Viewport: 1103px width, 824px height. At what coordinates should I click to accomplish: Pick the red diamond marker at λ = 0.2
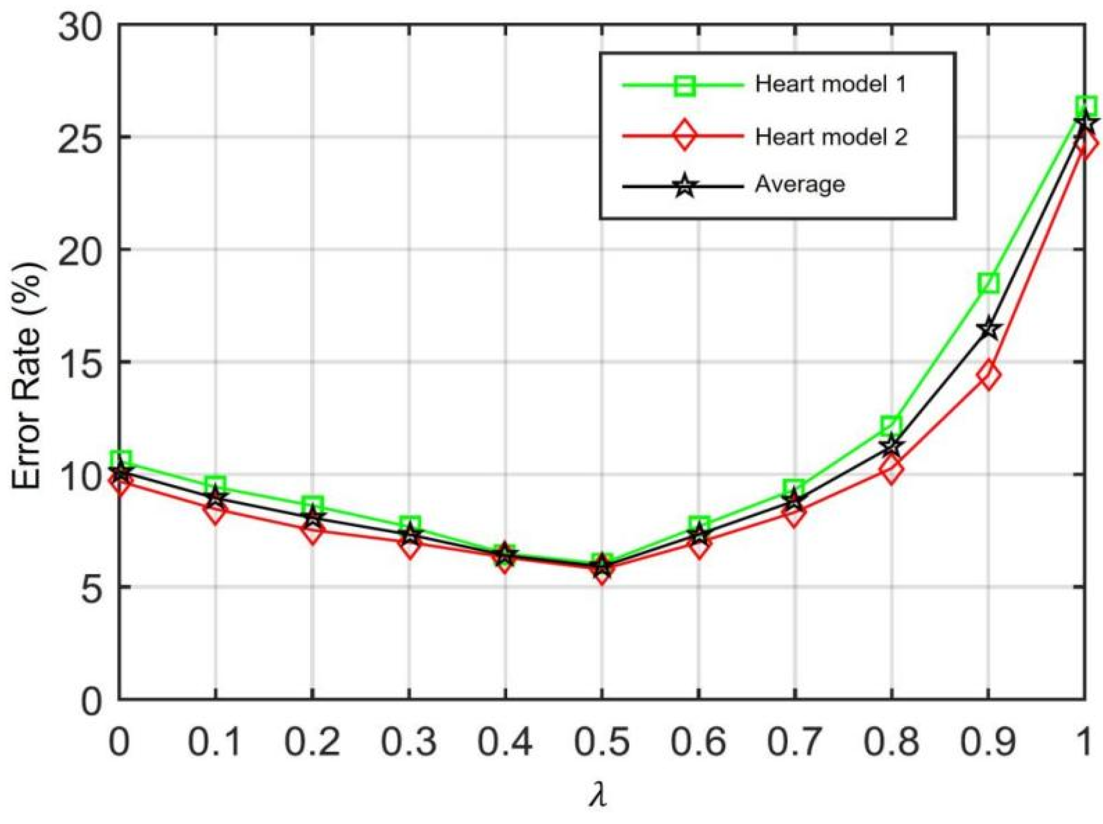click(x=312, y=533)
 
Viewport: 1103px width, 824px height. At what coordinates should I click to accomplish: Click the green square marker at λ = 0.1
click(x=216, y=485)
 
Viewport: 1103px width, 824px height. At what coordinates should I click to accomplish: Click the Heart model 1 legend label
click(x=830, y=84)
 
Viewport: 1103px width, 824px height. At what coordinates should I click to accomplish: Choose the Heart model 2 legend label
click(x=831, y=137)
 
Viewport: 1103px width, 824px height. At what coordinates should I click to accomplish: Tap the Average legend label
click(x=800, y=185)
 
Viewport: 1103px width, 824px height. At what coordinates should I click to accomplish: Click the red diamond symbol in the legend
click(x=685, y=136)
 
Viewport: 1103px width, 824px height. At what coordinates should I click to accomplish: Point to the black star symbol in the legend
click(x=685, y=187)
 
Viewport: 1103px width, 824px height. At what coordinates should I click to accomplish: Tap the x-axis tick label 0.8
click(x=892, y=742)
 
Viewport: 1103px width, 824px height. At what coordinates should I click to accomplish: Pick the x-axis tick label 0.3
click(x=409, y=742)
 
